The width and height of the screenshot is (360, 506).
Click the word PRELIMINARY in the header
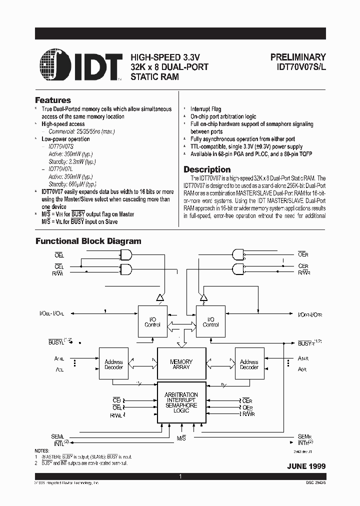tap(298, 57)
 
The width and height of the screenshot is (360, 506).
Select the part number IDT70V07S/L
tap(298, 67)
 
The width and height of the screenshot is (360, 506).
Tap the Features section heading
tap(52, 100)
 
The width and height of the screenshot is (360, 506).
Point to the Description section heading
tap(207, 169)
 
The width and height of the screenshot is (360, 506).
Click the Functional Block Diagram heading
tap(88, 241)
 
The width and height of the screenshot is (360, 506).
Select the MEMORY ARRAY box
tap(181, 364)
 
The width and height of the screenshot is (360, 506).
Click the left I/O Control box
tap(152, 322)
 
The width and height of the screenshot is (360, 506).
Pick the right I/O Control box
tap(210, 322)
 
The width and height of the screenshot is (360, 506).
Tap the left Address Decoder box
tap(113, 364)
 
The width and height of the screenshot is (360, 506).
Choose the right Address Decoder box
tap(249, 364)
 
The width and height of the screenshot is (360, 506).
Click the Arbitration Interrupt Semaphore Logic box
tap(181, 402)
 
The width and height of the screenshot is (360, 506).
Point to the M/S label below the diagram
tap(181, 438)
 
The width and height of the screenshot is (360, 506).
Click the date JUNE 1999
tap(306, 466)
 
